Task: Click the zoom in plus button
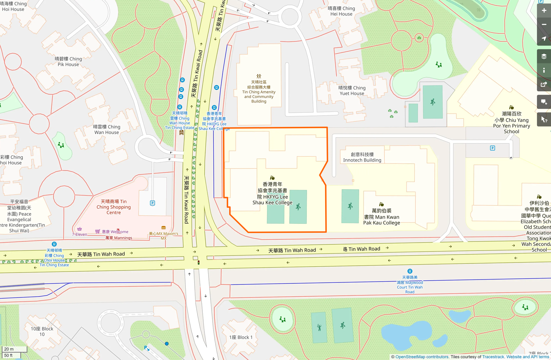point(544,11)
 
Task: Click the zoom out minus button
point(544,25)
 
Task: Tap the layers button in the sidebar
point(544,56)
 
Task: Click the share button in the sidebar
point(544,84)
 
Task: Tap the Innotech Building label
point(362,157)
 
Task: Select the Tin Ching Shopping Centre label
point(113,207)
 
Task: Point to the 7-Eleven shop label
point(80,234)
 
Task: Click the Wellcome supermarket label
point(115,232)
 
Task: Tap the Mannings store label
point(119,238)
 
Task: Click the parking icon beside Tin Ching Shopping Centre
point(152,203)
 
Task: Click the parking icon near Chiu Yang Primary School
point(493,148)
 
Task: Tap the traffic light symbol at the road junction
point(199,263)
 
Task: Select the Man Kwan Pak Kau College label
point(382,217)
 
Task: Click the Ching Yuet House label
point(352,90)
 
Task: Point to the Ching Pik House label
point(68,61)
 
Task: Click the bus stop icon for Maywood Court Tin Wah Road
point(410,271)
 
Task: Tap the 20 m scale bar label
point(9,349)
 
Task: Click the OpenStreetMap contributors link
point(422,357)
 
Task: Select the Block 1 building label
point(241,337)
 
